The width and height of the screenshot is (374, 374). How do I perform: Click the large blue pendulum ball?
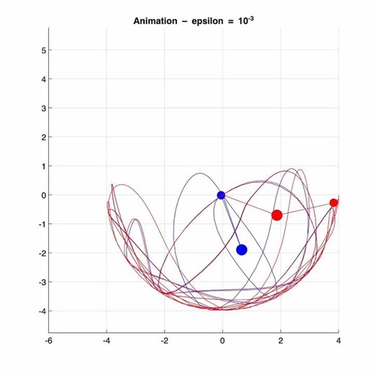pos(242,250)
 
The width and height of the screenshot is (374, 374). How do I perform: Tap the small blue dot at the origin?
pos(221,195)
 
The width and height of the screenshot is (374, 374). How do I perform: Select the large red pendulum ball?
pos(277,215)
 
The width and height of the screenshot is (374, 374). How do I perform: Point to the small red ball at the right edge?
pos(334,203)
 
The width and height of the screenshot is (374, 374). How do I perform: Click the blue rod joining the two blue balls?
pos(231,222)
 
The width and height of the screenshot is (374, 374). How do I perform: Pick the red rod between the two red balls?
pos(306,209)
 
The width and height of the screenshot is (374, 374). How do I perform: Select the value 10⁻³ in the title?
pos(246,20)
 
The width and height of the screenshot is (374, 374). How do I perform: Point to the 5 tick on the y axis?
pos(42,50)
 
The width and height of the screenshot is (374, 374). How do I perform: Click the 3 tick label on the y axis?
pos(42,109)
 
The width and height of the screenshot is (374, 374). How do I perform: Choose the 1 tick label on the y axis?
pos(42,166)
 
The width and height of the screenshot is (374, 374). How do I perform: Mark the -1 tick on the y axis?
pos(41,224)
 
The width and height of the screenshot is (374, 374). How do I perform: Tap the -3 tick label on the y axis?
pos(41,282)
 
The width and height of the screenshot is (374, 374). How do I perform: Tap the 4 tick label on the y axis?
pos(42,79)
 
